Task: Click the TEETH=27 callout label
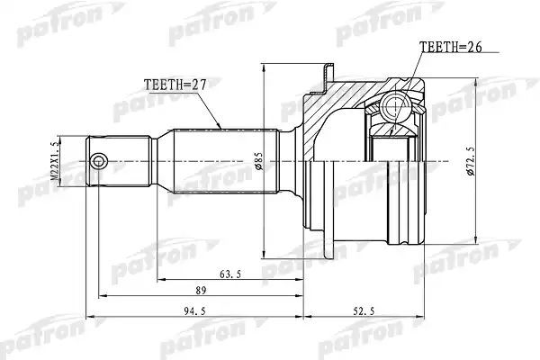point(175,85)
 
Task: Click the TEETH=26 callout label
point(451,47)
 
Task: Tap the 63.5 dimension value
point(230,274)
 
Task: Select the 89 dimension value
point(201,291)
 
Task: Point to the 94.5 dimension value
point(194,311)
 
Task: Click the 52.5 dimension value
point(364,311)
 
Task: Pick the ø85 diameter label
point(259,161)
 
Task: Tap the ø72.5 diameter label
point(471,161)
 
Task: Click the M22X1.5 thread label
point(54,161)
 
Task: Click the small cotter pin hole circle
point(98,161)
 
